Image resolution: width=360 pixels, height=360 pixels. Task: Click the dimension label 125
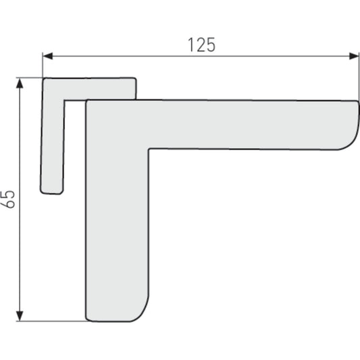click(x=201, y=45)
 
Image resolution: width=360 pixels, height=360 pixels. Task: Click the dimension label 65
click(x=8, y=199)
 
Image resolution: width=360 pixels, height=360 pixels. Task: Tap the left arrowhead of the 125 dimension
click(x=48, y=56)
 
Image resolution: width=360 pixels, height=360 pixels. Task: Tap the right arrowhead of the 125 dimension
click(x=354, y=56)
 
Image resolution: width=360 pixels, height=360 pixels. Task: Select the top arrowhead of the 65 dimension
click(x=20, y=83)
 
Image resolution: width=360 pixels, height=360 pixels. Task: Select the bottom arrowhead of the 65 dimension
click(x=20, y=316)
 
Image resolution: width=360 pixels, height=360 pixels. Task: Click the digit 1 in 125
click(x=190, y=45)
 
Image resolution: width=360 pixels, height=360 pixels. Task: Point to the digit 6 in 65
click(x=8, y=204)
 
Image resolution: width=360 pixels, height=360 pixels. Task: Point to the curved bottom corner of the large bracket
click(x=141, y=313)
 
